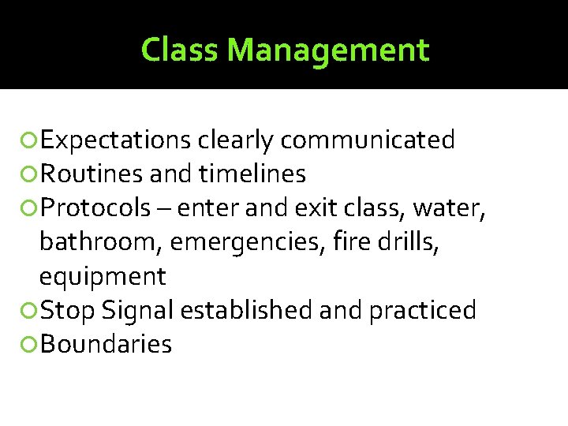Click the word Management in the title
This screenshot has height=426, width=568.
coord(327,50)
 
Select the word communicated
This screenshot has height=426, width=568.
coord(368,140)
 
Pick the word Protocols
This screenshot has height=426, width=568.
coord(95,208)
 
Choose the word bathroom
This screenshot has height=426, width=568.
coord(95,242)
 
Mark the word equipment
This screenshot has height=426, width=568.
coord(103,277)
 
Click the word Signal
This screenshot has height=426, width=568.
coord(137,311)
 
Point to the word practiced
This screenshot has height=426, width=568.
coord(422,311)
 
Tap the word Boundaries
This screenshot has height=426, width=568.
coord(106,345)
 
